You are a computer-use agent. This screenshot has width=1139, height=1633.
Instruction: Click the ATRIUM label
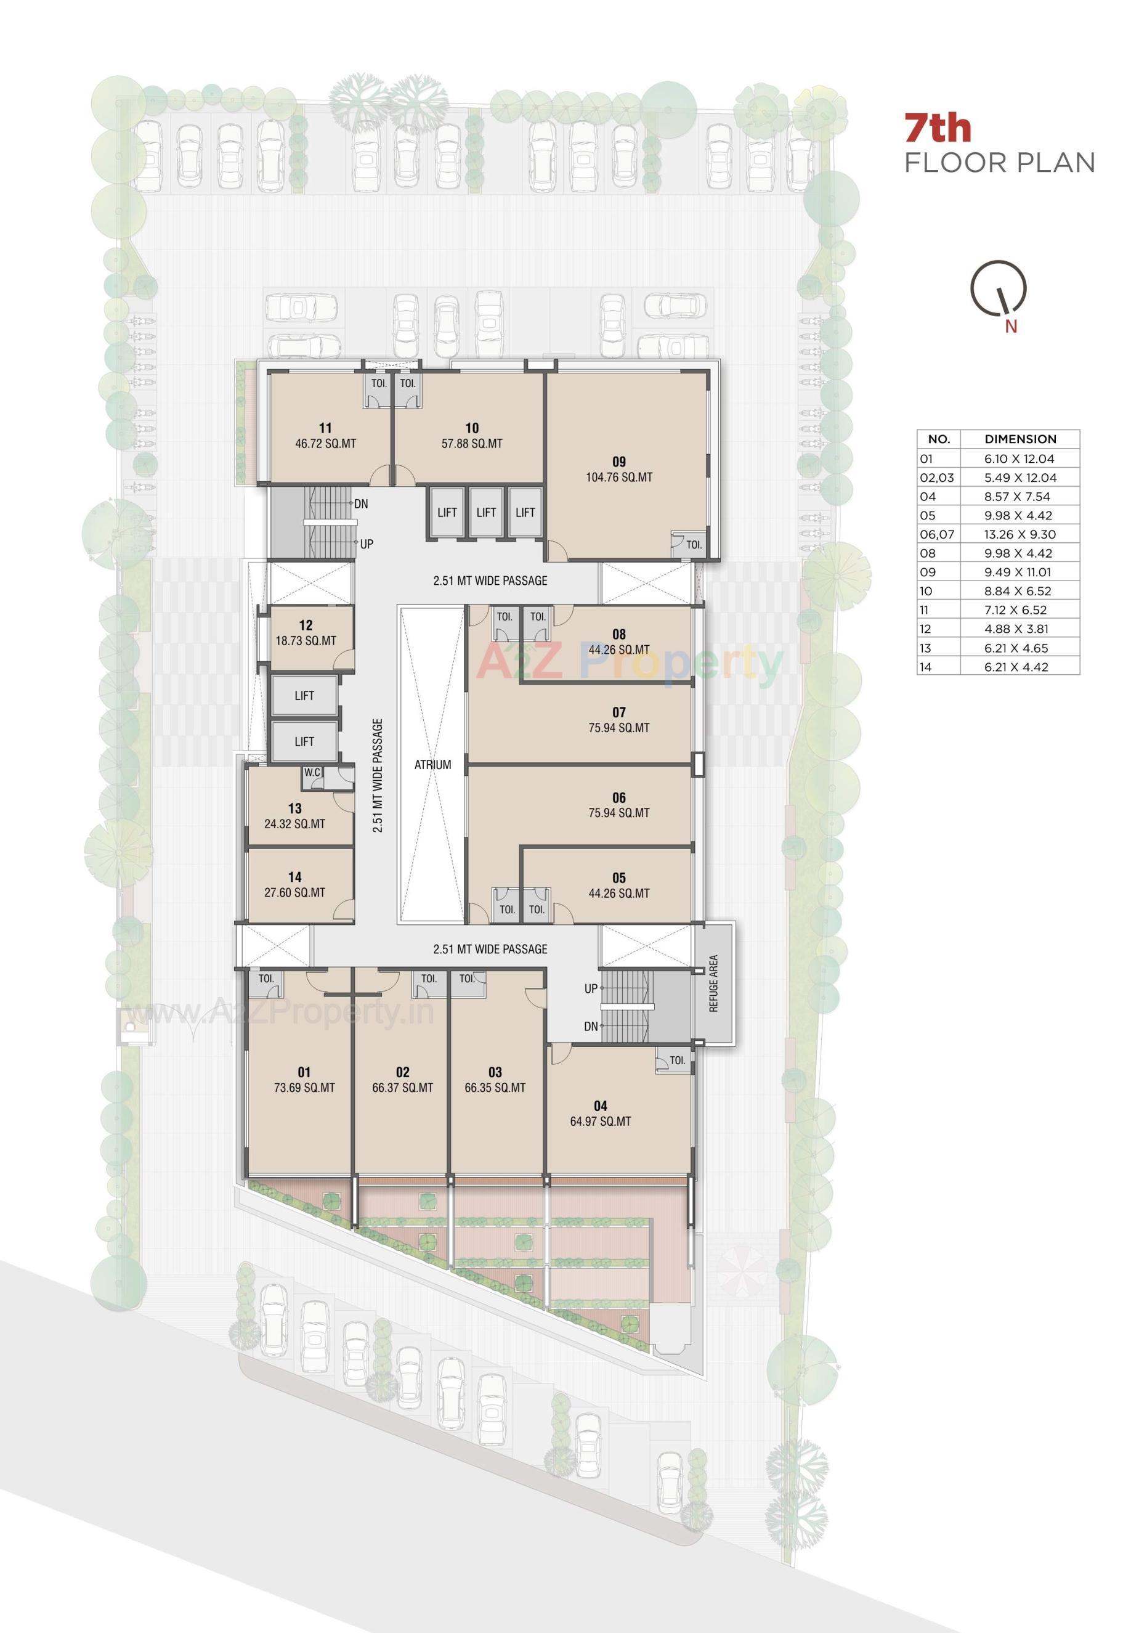432,765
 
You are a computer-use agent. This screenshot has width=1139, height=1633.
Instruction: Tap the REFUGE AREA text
713,983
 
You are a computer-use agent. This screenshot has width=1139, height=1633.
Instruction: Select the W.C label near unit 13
312,772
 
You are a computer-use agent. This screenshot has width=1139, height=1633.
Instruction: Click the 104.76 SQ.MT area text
618,477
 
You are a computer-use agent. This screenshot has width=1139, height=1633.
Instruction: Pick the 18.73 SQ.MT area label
306,641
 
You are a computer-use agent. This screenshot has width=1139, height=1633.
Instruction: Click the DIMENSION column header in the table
1019,439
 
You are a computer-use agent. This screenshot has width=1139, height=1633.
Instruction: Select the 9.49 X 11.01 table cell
1016,572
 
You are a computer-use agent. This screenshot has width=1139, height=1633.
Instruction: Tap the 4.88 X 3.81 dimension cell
1016,629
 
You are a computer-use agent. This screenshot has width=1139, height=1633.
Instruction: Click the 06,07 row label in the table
936,534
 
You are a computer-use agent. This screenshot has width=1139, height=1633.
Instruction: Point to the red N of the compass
1010,327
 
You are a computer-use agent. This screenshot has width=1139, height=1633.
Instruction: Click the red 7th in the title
937,129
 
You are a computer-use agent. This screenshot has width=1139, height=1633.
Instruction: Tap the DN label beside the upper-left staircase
360,503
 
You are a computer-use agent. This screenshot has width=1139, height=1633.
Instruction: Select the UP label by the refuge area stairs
590,988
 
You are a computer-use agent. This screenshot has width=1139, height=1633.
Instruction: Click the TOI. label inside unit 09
693,545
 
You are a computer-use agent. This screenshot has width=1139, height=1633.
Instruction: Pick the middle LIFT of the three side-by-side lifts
486,512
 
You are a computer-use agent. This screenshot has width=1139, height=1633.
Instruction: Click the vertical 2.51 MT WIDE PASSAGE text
378,775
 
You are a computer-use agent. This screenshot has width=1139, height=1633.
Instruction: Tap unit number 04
600,1106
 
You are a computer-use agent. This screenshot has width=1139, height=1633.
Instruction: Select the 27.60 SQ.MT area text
294,892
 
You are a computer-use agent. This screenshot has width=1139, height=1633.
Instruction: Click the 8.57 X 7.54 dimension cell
1016,497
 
